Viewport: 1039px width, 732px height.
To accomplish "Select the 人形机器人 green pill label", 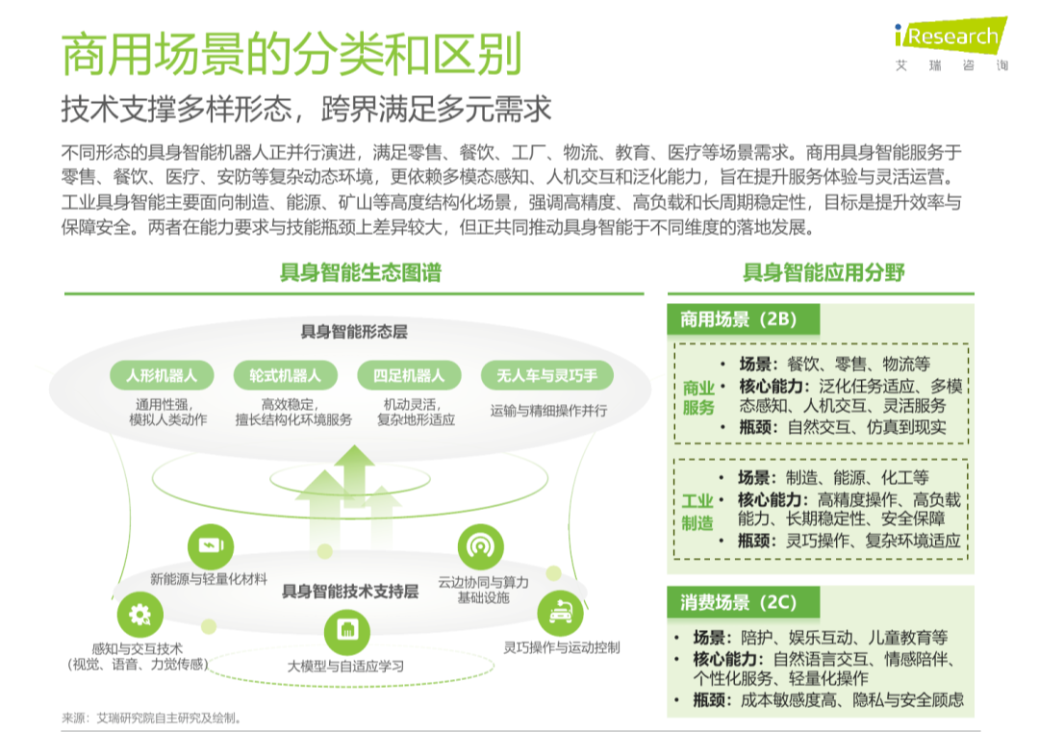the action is point(162,375).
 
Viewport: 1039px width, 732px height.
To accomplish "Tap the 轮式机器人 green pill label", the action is point(286,375).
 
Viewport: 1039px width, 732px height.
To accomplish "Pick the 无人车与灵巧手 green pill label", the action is point(547,375).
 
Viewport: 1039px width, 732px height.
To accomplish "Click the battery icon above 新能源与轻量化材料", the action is point(209,545).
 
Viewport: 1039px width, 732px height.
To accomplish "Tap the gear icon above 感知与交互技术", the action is point(140,614).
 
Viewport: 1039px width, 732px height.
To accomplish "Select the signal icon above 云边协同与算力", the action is point(479,546).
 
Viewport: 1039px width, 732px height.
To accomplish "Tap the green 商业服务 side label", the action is point(698,397).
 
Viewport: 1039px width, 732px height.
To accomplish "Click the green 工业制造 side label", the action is point(698,512).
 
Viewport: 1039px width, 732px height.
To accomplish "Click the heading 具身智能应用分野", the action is point(824,272).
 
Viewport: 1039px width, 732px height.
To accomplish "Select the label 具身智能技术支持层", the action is point(350,591).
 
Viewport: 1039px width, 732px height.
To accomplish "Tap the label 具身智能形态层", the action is point(354,332).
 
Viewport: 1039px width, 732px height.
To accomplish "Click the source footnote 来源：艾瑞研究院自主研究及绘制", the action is point(151,718).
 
